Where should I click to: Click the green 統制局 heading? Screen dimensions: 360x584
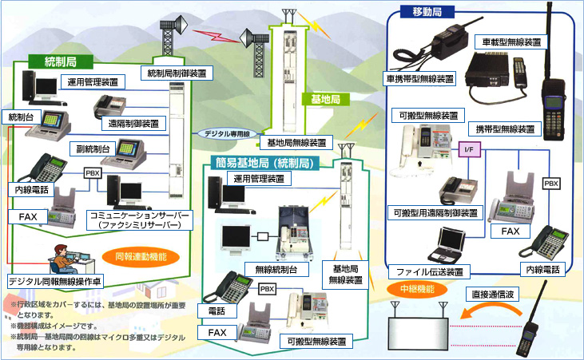pos(60,61)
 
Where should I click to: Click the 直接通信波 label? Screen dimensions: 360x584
pos(496,294)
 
